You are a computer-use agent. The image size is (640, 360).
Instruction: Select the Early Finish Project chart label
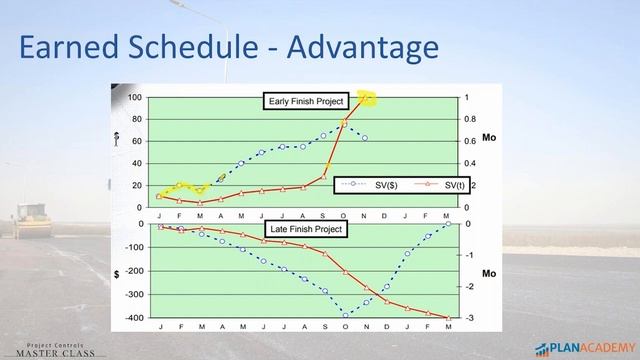point(306,101)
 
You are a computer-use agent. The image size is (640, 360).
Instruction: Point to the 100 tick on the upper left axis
point(135,98)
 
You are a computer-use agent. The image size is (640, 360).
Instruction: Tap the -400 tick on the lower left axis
point(133,318)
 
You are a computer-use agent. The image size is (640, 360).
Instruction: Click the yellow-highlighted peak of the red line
point(366,98)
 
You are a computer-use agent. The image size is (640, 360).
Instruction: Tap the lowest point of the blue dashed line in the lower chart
point(346,315)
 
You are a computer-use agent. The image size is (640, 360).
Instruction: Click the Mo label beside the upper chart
point(489,137)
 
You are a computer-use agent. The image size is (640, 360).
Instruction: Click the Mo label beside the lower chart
point(489,272)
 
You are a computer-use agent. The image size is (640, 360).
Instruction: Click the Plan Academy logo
point(584,348)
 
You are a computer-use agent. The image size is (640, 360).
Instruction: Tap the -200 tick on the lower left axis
point(133,271)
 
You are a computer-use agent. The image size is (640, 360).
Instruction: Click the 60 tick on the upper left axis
point(137,141)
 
